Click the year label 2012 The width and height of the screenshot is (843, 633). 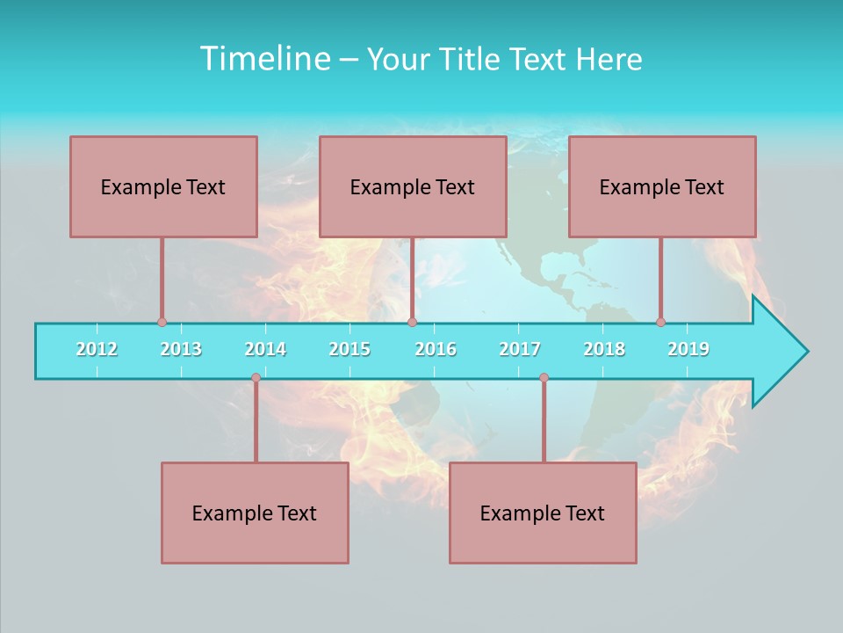point(97,349)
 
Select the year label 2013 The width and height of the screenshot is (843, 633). point(181,349)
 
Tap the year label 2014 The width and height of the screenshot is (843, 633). point(265,349)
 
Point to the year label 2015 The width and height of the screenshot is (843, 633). point(349,349)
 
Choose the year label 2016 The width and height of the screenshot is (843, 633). point(436,349)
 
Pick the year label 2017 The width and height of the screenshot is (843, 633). point(520,349)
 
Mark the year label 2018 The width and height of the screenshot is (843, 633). point(604,349)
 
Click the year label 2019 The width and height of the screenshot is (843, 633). point(688,349)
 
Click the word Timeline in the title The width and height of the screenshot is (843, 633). point(263,59)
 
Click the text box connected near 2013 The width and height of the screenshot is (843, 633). point(163,186)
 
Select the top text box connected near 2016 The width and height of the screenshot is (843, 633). point(413,186)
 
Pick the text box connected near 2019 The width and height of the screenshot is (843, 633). point(662,186)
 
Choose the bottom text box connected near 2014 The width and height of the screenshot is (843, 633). point(255,513)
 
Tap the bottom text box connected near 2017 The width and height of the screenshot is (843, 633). point(543,513)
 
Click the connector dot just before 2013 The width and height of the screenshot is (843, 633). point(162,322)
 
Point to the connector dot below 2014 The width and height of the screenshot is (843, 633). point(256,378)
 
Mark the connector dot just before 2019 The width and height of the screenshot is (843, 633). point(660,322)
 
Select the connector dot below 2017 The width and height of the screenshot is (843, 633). point(544,378)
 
